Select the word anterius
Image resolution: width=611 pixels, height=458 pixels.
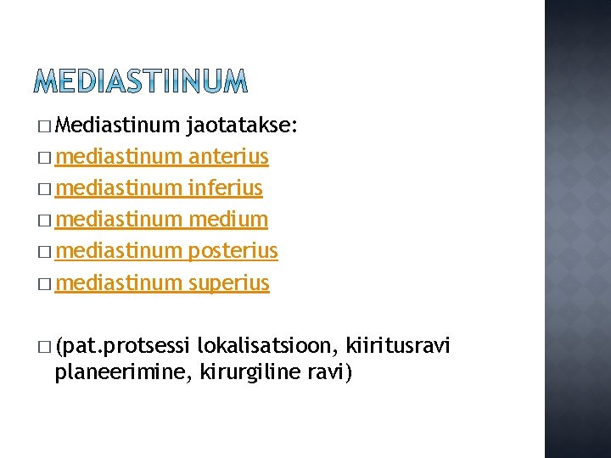coord(229,158)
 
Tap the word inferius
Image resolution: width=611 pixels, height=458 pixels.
coord(226,188)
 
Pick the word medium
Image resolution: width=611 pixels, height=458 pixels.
coord(228,220)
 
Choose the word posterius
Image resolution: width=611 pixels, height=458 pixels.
coord(233,251)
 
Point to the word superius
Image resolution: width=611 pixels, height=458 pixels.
coord(229,282)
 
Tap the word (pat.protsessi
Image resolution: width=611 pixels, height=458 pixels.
coord(122,346)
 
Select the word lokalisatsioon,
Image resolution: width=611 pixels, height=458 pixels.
coord(268,346)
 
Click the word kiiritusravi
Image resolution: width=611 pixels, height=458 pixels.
coord(399,346)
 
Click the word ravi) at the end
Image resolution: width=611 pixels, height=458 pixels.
coord(328,371)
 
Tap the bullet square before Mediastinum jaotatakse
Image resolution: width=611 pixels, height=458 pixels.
coord(44,127)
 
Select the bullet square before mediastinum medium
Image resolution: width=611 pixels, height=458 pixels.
coord(44,221)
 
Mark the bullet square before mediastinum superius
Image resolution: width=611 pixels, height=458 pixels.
coord(44,283)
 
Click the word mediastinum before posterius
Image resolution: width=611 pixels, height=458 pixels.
coord(119,251)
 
